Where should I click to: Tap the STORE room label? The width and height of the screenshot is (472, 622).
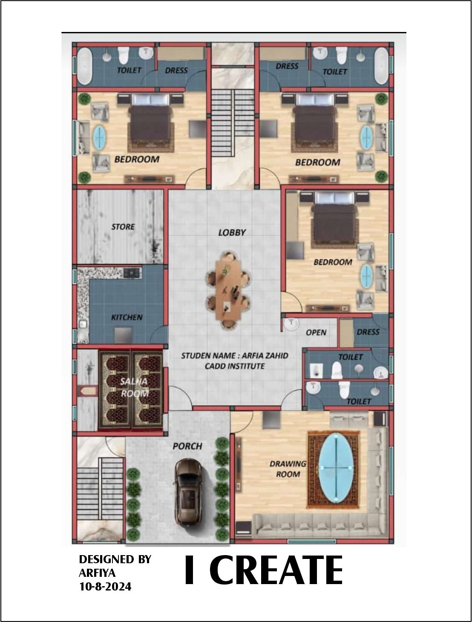(x=123, y=227)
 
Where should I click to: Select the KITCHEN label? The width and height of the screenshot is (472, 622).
(x=127, y=317)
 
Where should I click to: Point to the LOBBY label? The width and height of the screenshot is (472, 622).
(x=232, y=233)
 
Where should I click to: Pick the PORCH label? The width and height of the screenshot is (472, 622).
(x=187, y=446)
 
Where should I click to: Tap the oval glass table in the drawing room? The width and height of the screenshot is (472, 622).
(x=336, y=468)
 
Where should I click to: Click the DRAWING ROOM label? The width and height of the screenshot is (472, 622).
(x=288, y=469)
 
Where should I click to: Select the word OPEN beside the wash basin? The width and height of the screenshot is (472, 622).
(x=316, y=332)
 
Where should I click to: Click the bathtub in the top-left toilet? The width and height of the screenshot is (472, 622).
(x=85, y=66)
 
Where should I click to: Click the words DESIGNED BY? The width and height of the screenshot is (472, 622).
(x=115, y=559)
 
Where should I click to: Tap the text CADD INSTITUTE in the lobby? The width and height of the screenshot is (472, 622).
(x=235, y=366)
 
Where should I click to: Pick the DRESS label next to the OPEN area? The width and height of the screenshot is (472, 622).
(x=368, y=332)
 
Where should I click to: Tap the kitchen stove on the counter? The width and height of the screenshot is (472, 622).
(x=132, y=273)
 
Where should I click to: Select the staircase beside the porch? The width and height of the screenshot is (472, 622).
(x=100, y=489)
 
